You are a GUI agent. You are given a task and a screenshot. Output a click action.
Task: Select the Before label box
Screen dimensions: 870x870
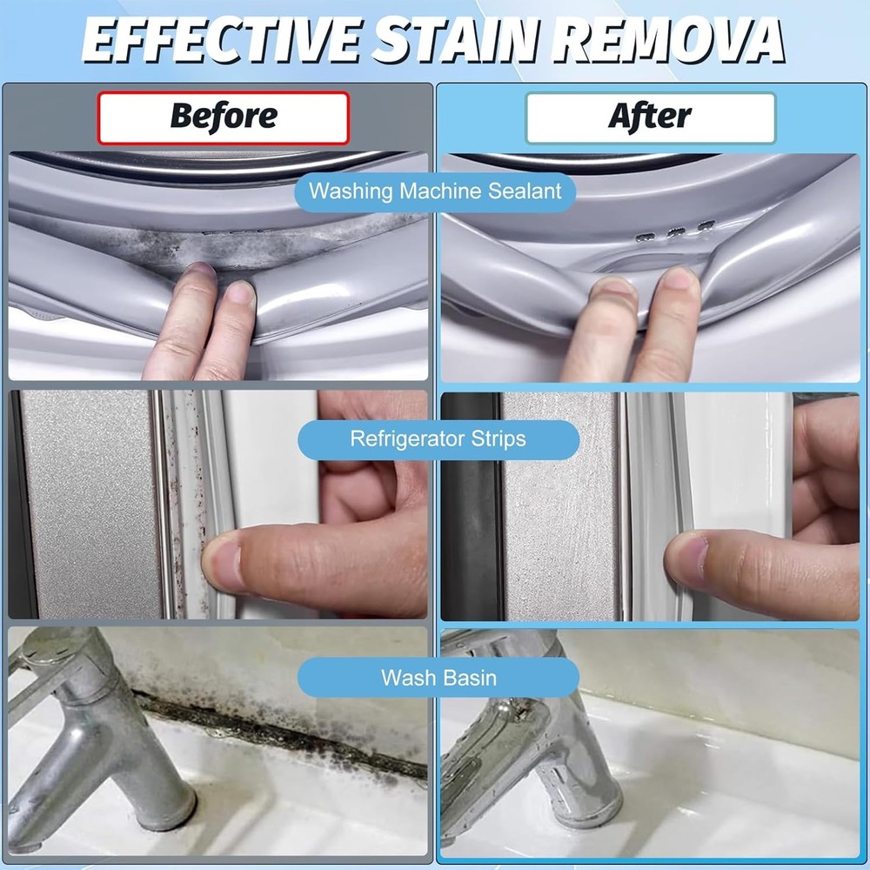223,117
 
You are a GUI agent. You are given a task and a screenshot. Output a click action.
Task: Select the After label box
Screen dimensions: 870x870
650,117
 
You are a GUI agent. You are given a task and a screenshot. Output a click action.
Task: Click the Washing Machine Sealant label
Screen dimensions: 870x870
435,191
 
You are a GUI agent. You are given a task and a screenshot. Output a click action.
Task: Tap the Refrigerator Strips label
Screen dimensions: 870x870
438,438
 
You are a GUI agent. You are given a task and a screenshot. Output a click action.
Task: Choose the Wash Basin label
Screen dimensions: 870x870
438,678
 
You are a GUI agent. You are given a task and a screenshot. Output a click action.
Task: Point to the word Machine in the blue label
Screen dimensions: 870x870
440,191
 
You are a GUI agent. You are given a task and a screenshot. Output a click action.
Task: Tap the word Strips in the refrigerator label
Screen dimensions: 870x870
499,439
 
